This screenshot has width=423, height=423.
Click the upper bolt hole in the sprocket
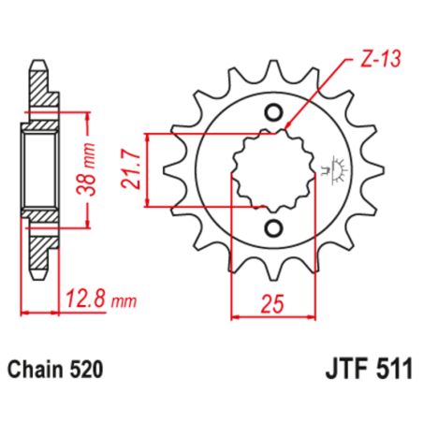coord(273,113)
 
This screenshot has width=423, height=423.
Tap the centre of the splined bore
coord(270,171)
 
